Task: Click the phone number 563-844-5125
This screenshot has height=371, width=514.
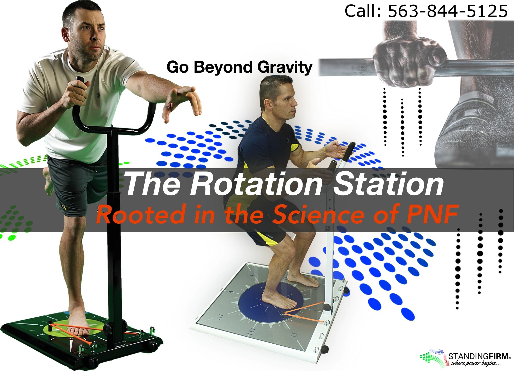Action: point(448,11)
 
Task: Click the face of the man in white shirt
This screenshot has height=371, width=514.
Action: point(90,37)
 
